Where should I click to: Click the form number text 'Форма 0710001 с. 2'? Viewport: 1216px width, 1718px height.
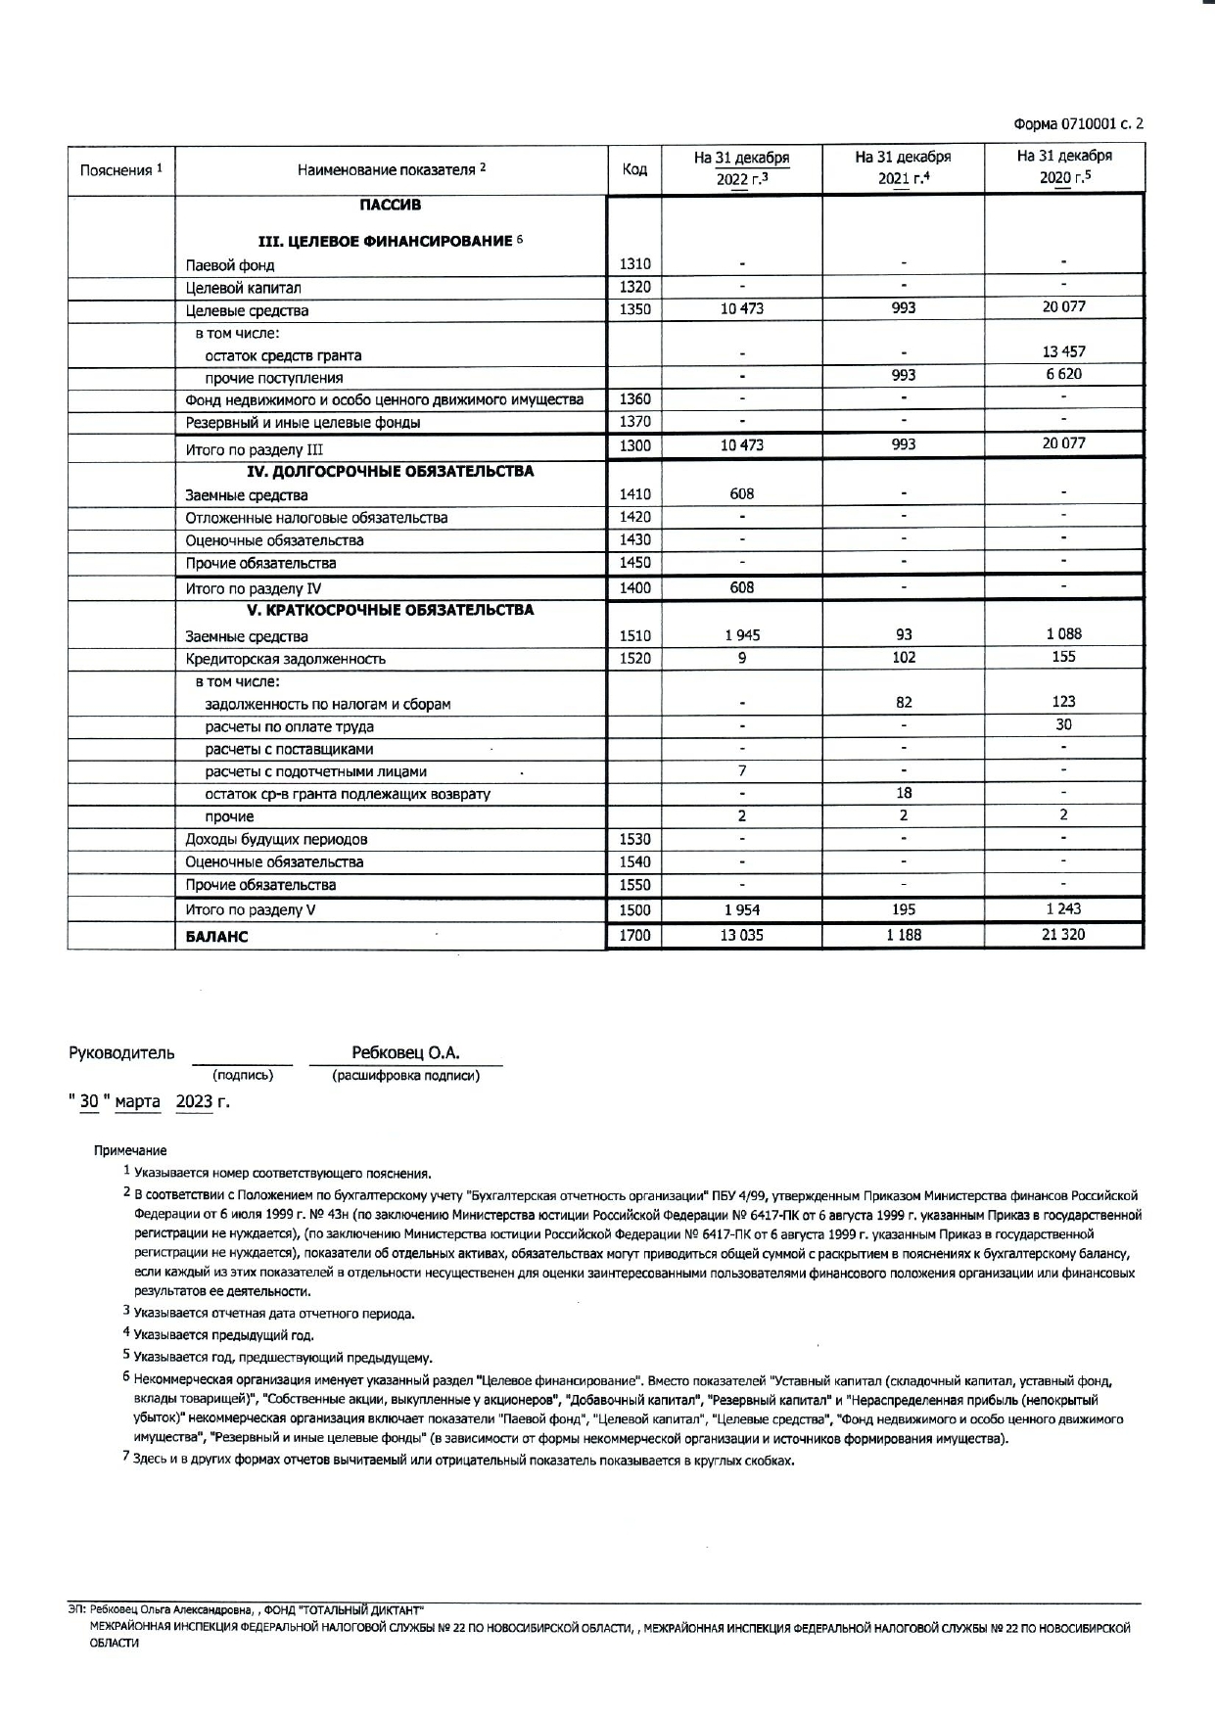click(x=1078, y=124)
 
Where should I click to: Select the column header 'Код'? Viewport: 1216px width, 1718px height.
click(x=634, y=169)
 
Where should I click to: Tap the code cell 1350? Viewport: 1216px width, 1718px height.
click(x=634, y=309)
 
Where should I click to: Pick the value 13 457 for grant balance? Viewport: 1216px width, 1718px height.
click(x=1063, y=351)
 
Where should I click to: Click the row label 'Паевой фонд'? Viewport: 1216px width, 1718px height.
click(x=230, y=265)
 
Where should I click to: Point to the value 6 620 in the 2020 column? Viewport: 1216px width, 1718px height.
click(x=1063, y=374)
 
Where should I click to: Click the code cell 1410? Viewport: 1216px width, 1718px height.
click(x=634, y=494)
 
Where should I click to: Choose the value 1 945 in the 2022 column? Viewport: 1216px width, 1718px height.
click(x=742, y=635)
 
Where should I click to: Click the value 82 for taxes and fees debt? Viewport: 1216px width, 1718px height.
click(x=903, y=702)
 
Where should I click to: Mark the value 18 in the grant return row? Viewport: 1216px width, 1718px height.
click(x=903, y=793)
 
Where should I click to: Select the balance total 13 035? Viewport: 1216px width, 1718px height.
click(x=742, y=935)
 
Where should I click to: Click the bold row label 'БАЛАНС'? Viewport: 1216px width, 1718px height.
click(x=216, y=937)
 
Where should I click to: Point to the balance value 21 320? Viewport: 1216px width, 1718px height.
click(x=1063, y=935)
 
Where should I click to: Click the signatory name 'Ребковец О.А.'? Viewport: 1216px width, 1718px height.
click(x=405, y=1053)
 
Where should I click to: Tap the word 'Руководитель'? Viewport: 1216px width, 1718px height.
click(x=121, y=1053)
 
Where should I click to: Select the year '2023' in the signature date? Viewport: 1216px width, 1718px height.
click(x=194, y=1101)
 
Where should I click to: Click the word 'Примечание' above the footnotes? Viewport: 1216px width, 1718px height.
click(x=130, y=1150)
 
